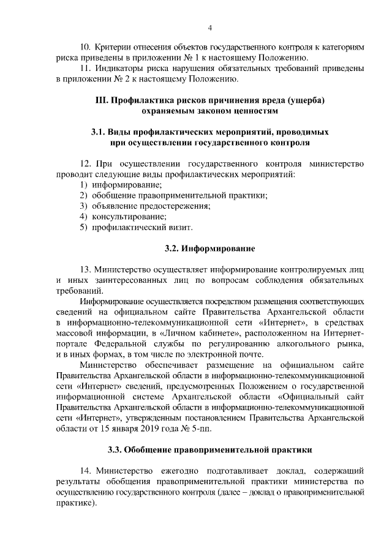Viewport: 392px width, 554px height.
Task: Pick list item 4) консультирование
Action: click(x=123, y=216)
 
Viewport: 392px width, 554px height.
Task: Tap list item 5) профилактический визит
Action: click(x=137, y=227)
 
